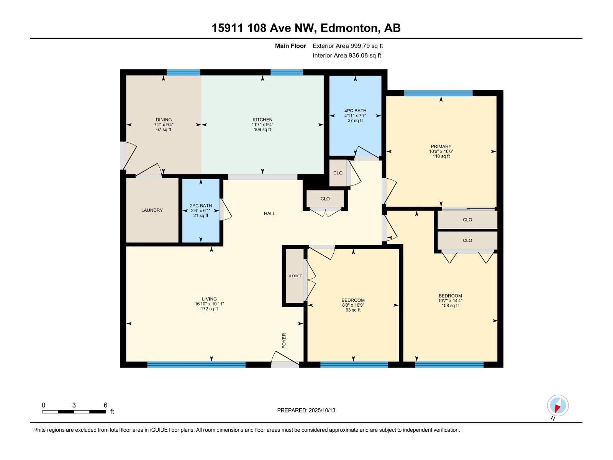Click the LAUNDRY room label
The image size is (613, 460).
click(152, 210)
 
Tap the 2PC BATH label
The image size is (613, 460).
click(201, 205)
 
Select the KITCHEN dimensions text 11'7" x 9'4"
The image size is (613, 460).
click(262, 125)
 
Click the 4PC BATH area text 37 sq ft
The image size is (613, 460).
click(355, 120)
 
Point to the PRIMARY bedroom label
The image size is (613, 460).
click(441, 146)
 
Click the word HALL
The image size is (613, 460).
click(269, 214)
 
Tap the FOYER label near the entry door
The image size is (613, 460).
click(284, 340)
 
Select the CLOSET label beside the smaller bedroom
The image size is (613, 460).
click(295, 276)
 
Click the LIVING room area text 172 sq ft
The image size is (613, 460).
click(209, 309)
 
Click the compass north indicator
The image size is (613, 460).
click(557, 406)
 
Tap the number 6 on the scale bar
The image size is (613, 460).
click(105, 405)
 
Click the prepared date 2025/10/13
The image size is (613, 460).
click(322, 410)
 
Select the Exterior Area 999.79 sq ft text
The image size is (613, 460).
click(347, 46)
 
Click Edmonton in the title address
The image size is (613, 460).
click(349, 28)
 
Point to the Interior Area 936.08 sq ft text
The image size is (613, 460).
click(347, 56)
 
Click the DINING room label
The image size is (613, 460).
click(164, 120)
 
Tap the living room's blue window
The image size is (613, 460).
click(196, 365)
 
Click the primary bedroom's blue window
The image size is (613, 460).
click(438, 93)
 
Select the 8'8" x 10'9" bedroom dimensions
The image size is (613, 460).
click(353, 305)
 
